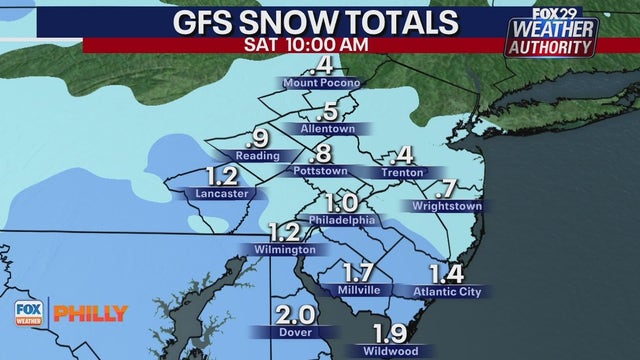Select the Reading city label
point(255,156)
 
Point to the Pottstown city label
point(320,171)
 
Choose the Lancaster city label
point(222,193)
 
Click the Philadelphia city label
point(342,219)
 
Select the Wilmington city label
point(285,249)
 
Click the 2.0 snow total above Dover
point(296,313)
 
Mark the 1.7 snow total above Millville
point(358,271)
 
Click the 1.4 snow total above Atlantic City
point(447,272)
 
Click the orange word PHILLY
point(90,314)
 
